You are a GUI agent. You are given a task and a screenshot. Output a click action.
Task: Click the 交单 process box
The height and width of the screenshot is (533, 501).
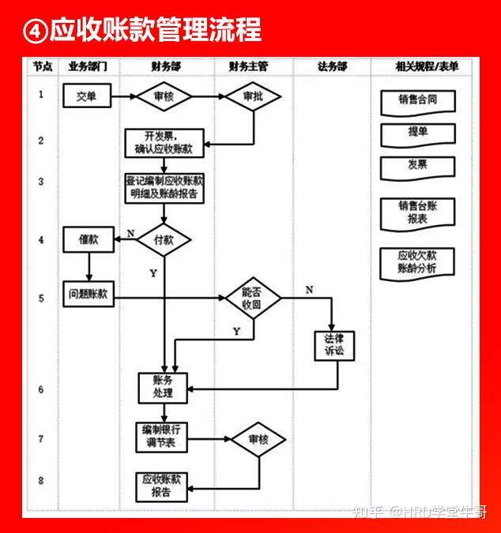[x=87, y=96]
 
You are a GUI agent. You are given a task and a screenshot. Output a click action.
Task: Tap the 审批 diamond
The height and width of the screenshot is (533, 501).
[x=253, y=96]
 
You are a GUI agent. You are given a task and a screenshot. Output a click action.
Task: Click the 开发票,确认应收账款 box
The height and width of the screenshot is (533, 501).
[x=164, y=142]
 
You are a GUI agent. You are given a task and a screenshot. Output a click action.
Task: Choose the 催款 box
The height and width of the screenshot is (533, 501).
[x=88, y=238]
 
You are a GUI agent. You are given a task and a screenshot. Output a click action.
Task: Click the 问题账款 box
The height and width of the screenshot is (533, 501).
[x=89, y=295]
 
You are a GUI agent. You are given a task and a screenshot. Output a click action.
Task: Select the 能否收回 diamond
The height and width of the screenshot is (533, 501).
[x=253, y=297]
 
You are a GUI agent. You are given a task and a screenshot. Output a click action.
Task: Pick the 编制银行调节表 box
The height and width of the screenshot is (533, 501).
[x=164, y=437]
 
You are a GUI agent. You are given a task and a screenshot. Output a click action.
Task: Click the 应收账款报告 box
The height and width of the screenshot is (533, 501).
[x=163, y=486]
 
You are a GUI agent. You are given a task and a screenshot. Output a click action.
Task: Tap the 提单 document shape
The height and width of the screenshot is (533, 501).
[x=417, y=133]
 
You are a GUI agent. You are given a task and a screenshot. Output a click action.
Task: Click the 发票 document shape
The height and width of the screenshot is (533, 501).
[x=417, y=167]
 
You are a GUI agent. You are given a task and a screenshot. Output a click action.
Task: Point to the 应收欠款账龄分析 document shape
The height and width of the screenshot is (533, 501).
[x=417, y=262]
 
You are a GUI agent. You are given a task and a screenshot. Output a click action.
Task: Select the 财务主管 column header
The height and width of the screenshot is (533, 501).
[x=249, y=67]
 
